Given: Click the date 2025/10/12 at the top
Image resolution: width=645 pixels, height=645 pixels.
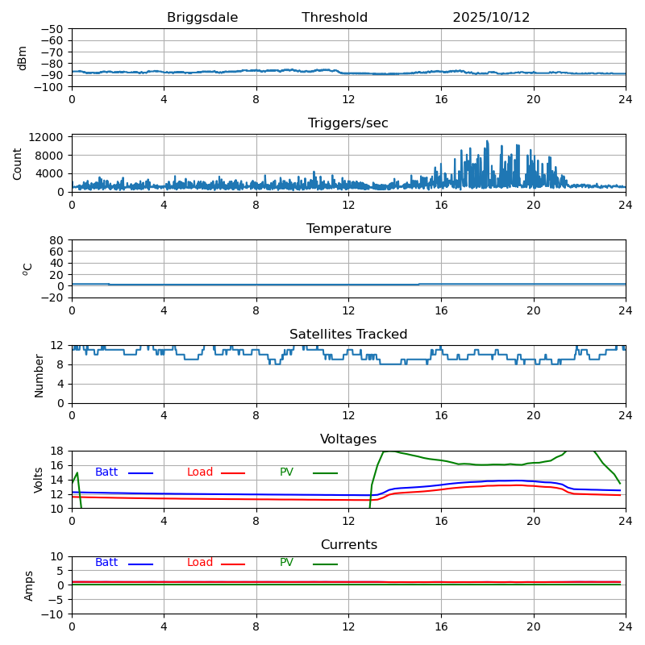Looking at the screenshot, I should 491,18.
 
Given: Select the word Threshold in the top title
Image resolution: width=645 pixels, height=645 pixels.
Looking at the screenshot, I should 335,18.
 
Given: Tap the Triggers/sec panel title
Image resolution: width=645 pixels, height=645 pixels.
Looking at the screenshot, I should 348,123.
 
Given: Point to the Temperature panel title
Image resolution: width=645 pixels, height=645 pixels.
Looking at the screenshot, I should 348,229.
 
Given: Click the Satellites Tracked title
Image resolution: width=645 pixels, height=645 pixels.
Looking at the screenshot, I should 348,335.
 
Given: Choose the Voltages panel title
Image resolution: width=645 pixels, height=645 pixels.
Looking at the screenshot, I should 348,439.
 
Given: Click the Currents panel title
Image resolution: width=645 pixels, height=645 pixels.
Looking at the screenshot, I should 348,545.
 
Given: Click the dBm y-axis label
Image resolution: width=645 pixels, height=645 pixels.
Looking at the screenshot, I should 23,57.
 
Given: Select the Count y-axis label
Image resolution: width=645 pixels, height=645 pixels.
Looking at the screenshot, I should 18,163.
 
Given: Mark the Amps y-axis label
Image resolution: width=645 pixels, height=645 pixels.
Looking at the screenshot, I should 29,585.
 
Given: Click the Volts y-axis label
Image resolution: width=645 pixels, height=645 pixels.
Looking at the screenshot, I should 39,480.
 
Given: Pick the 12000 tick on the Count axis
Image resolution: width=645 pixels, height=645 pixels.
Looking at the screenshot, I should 48,137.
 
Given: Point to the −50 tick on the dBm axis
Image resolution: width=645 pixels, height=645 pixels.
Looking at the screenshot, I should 52,29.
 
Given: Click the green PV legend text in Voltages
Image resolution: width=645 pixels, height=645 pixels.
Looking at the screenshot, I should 286,472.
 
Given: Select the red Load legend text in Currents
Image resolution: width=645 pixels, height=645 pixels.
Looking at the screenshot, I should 200,563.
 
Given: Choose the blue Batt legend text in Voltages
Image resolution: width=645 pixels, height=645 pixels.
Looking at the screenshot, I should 106,472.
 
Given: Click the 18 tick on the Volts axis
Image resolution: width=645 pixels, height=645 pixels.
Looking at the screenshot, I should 57,451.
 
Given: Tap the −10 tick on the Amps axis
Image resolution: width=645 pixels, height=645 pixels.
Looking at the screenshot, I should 52,614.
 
